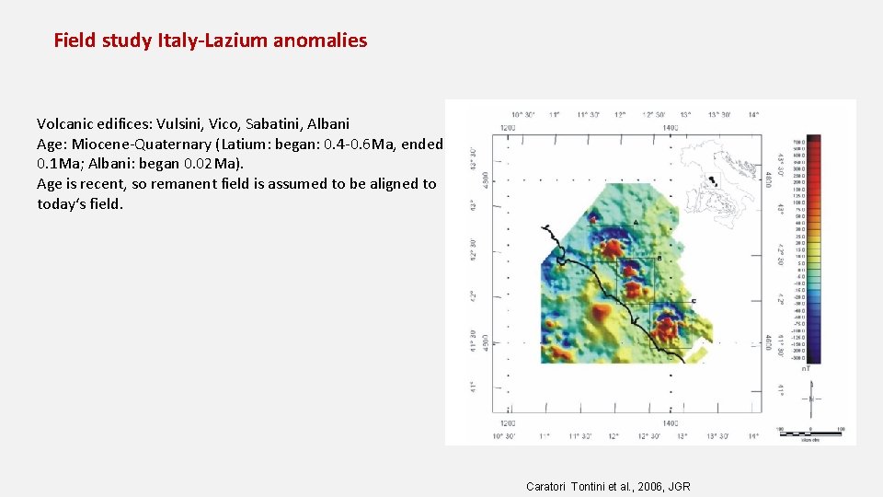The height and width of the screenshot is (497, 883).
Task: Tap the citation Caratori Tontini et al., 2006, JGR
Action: coord(608,486)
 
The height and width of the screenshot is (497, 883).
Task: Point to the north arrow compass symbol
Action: coord(812,398)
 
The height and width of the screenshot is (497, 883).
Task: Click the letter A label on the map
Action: coord(636,224)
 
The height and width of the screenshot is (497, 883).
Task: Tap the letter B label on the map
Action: coord(660,258)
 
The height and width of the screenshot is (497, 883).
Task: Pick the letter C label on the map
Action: coord(693,301)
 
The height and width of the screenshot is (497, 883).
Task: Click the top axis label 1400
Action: coord(670,127)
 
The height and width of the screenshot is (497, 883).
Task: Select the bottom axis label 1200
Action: coord(507,423)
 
